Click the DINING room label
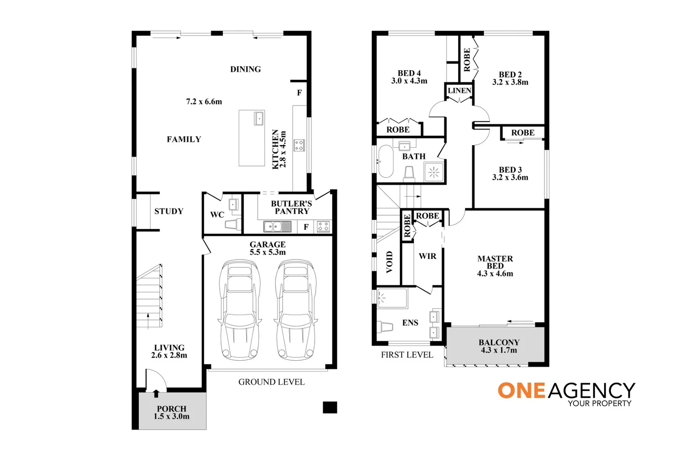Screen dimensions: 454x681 tap(245, 69)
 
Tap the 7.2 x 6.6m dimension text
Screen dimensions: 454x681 tap(204, 102)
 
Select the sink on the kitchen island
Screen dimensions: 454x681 tap(259, 118)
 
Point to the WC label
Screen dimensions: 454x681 tap(217, 215)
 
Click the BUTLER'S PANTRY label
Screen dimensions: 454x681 tap(291, 207)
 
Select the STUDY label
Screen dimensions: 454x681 tap(169, 211)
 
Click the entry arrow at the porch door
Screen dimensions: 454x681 tap(156, 393)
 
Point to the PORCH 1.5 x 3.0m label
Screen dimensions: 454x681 tap(172, 412)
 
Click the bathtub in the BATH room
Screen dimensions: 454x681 tap(385, 161)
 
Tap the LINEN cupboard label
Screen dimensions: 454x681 tap(459, 91)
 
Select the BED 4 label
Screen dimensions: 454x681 tap(409, 74)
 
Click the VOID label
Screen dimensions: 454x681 tap(389, 261)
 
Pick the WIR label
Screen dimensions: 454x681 tap(428, 256)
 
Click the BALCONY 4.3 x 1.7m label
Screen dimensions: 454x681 tap(499, 346)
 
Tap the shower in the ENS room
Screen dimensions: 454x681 tap(392, 298)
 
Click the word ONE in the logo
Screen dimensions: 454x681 tap(521, 391)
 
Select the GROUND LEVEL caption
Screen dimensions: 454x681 tap(271, 382)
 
